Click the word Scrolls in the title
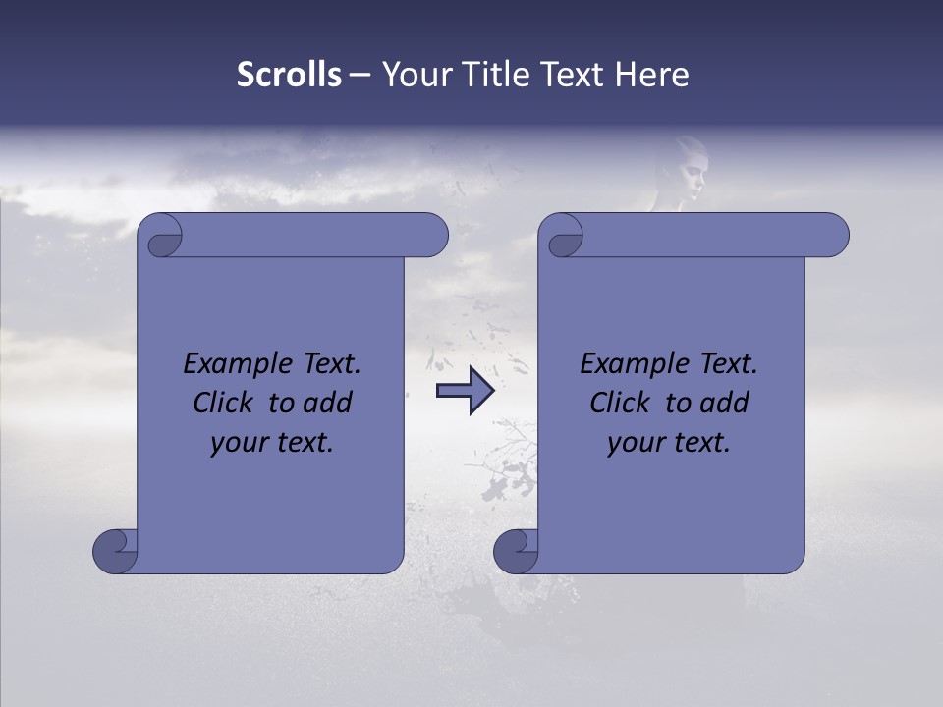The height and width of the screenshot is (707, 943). tap(290, 75)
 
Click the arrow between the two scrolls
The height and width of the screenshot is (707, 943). tap(465, 391)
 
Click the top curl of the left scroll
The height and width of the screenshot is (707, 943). tap(160, 236)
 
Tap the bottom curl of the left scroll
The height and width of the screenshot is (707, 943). tap(115, 551)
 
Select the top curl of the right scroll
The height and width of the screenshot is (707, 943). tap(562, 236)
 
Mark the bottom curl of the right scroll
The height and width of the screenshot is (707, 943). tap(515, 551)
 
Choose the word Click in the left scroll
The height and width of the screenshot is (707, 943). tap(223, 403)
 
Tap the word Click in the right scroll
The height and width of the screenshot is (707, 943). tap(620, 403)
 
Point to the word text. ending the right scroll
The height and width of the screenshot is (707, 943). tap(698, 443)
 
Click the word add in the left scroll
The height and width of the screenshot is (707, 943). tap(329, 403)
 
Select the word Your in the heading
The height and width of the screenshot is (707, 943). tap(414, 75)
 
